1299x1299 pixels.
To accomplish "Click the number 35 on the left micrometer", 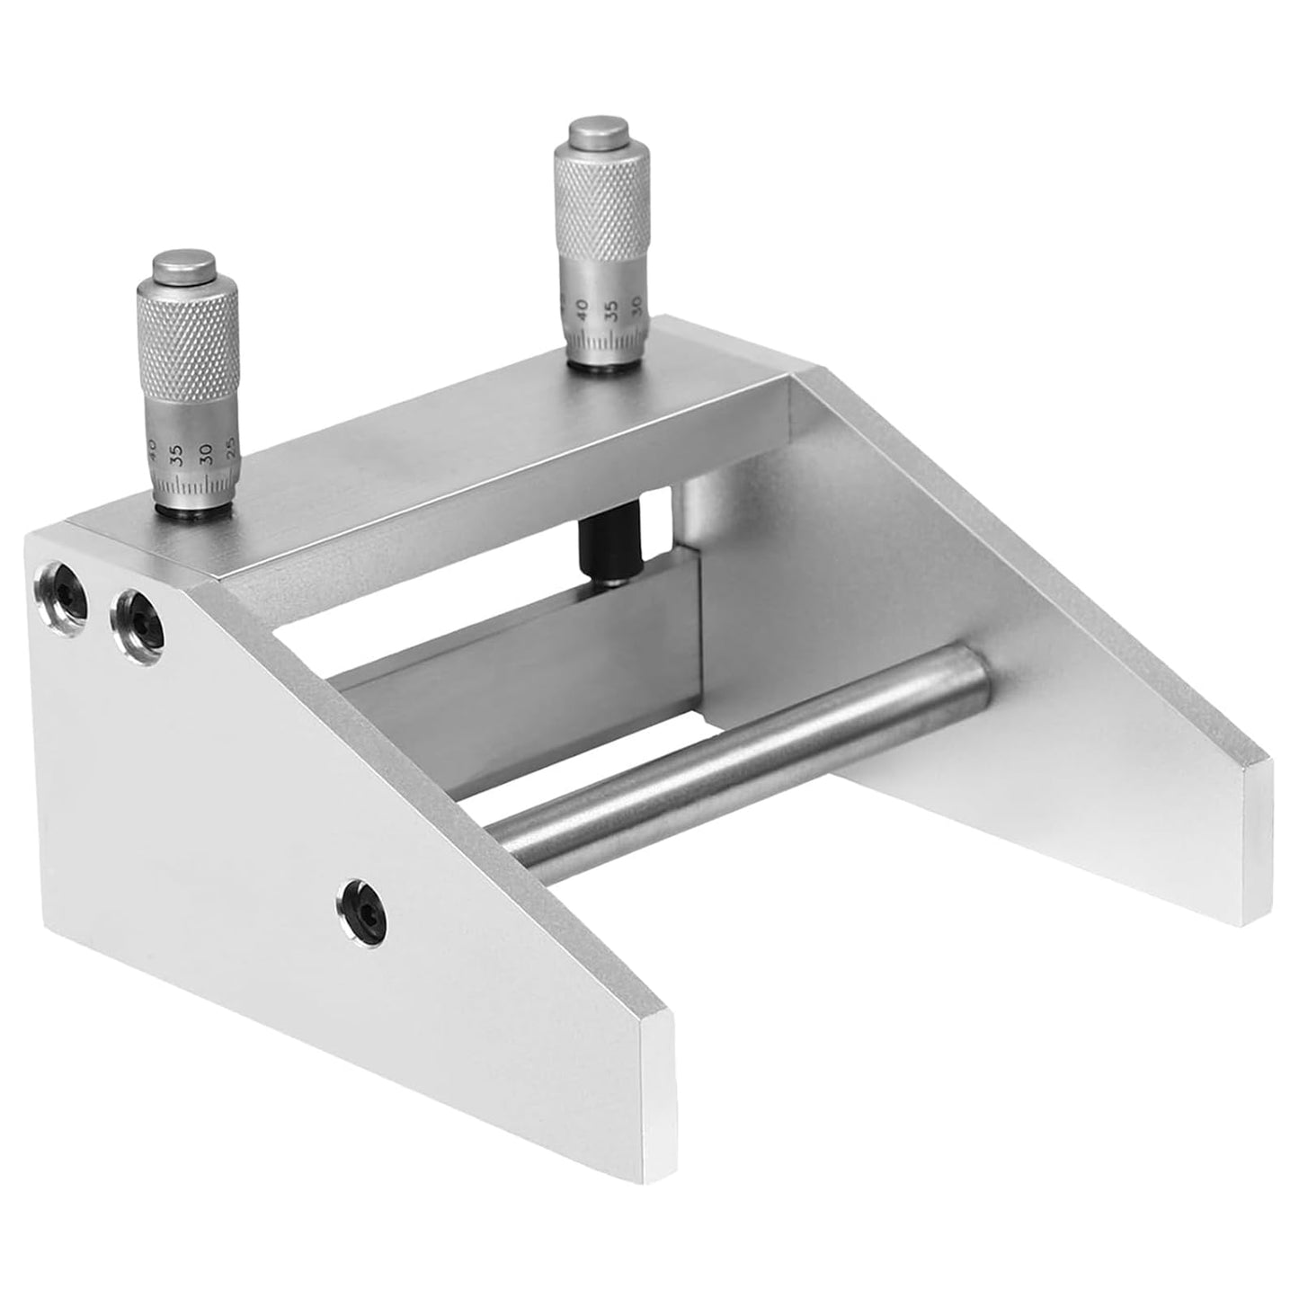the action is tap(177, 455).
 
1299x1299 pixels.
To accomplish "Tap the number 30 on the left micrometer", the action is tap(207, 453).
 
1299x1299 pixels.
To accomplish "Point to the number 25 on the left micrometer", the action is tap(231, 449).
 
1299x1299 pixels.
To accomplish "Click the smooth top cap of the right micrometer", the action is tap(599, 133).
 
